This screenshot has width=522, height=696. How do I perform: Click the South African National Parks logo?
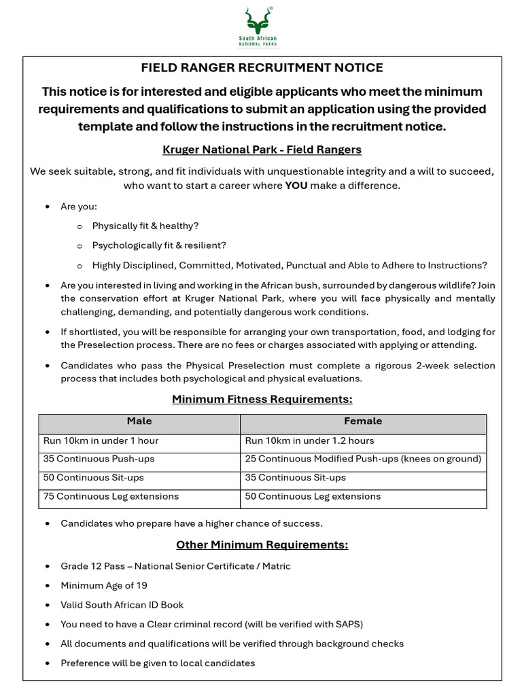click(258, 27)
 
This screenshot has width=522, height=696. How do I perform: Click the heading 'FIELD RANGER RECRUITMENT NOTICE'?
click(262, 68)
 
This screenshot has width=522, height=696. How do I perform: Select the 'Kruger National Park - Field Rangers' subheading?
click(262, 150)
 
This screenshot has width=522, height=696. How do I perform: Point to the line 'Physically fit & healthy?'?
click(145, 226)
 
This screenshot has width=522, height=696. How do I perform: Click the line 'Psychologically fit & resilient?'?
click(159, 245)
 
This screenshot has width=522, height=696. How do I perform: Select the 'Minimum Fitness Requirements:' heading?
click(262, 400)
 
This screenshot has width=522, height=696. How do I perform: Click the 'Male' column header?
click(139, 421)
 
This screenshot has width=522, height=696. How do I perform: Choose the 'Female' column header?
click(363, 421)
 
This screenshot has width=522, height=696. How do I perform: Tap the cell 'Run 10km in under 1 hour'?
click(101, 440)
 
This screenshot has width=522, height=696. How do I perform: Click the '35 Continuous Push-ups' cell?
click(99, 459)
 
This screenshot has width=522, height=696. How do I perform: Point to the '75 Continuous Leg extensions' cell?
click(111, 496)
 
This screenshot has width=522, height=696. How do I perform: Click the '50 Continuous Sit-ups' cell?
click(94, 478)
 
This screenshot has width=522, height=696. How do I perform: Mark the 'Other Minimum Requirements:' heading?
click(262, 545)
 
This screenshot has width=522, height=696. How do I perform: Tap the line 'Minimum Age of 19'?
click(104, 585)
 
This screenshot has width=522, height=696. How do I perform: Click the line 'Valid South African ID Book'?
click(122, 605)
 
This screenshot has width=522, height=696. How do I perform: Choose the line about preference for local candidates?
click(158, 663)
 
